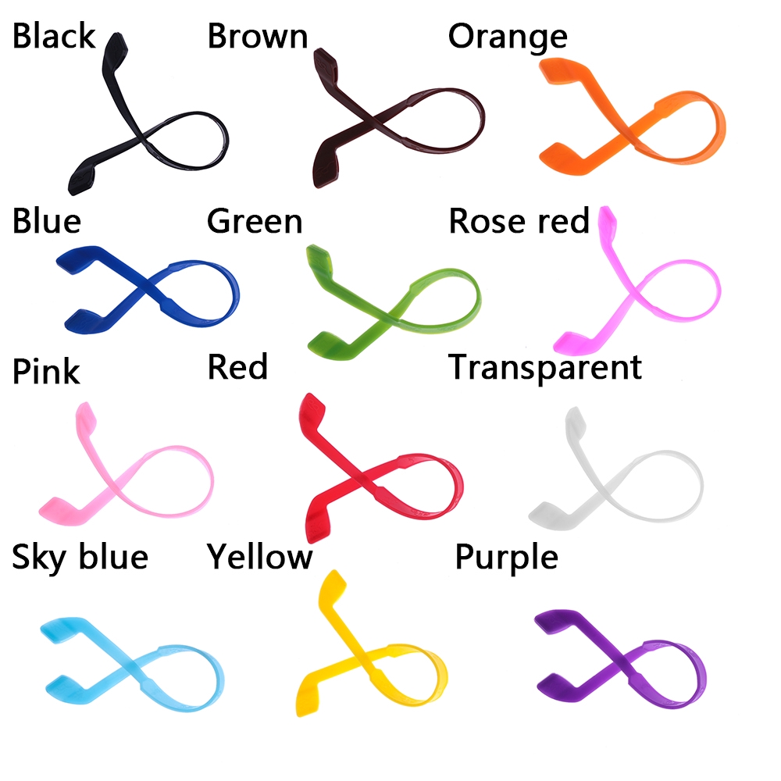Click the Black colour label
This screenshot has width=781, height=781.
tap(53, 37)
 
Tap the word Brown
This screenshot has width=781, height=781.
tap(257, 37)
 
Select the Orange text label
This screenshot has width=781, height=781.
tap(508, 37)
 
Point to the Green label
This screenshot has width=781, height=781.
tap(255, 222)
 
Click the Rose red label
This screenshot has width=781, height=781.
tap(519, 222)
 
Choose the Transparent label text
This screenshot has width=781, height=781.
tap(545, 367)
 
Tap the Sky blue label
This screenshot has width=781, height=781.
tap(80, 558)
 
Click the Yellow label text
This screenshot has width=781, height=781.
tap(259, 558)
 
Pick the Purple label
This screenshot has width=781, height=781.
tap(506, 558)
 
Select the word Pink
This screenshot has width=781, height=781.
tap(46, 372)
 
